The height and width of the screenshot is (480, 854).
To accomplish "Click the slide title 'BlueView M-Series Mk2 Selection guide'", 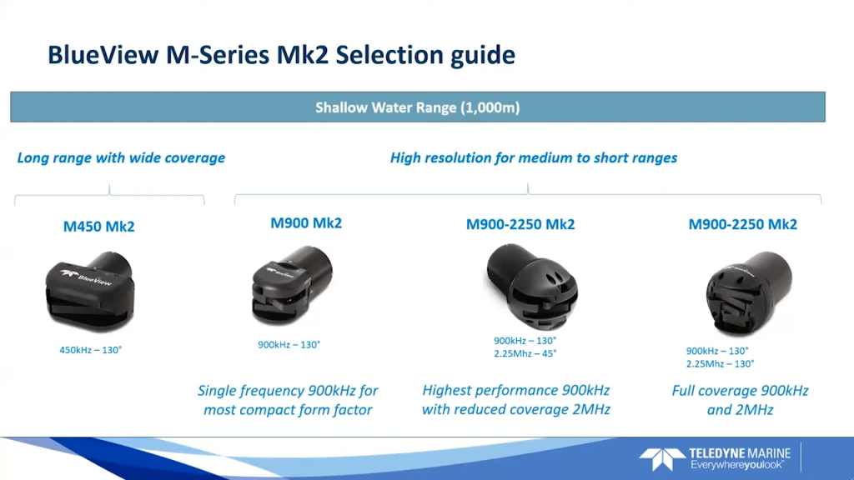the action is coord(281,55).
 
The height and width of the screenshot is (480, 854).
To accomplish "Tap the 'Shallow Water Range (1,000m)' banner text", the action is coord(418,107).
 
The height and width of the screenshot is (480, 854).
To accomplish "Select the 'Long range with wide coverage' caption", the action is coord(121,157).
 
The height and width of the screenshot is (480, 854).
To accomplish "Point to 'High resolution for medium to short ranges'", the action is coord(534,157).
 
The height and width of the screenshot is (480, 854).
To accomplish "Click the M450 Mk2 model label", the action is coord(98,227).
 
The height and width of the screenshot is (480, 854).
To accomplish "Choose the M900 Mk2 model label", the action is coord(306,223).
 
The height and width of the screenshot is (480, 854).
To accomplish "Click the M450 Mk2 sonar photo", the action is coord(90,291).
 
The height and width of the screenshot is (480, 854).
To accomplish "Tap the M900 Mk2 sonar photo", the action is coord(292,285).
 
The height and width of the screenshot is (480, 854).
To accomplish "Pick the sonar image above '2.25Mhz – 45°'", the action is coord(531,287).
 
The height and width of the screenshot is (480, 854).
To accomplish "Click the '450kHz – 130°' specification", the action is coord(90,350).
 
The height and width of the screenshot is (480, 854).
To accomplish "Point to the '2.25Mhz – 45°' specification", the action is coord(525,353).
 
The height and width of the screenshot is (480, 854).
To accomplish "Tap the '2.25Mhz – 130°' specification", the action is coord(720,364).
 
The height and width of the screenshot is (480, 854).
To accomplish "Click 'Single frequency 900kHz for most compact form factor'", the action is coord(288,400).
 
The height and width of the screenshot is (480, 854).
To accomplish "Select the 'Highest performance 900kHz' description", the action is coord(515,390).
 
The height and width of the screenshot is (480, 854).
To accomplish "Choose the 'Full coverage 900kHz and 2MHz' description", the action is coord(740,400).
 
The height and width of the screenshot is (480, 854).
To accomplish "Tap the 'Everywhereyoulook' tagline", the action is coord(737,465).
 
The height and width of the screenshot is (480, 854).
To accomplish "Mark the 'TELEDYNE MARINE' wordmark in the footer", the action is coord(740,453).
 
